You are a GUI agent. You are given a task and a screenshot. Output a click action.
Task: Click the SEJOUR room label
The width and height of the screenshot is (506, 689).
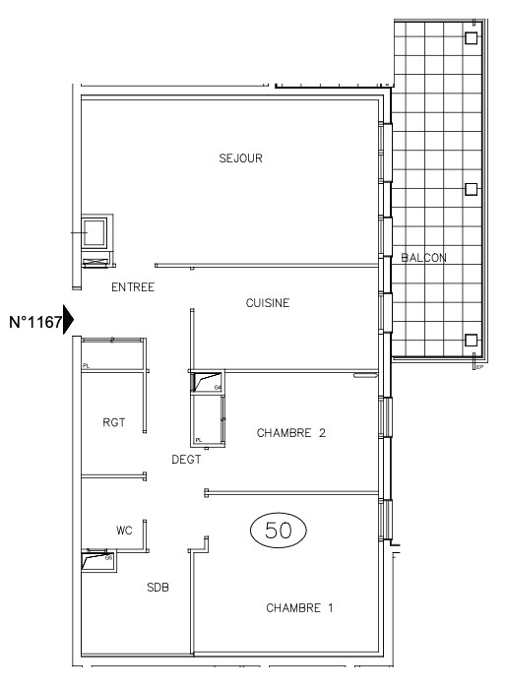pyautogui.click(x=241, y=157)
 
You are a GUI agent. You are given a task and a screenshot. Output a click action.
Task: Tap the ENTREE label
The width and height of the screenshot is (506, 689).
pyautogui.click(x=133, y=287)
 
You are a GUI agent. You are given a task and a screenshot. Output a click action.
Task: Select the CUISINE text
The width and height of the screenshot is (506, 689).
pyautogui.click(x=267, y=303)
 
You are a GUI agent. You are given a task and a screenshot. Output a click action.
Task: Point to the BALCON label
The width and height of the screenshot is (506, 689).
pyautogui.click(x=423, y=258)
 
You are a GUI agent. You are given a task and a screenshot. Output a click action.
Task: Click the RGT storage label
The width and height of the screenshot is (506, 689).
pyautogui.click(x=113, y=422)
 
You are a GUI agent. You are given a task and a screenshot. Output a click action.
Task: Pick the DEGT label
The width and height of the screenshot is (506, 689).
pyautogui.click(x=187, y=459)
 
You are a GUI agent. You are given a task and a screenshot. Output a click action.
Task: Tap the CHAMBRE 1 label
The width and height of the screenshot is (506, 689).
pyautogui.click(x=299, y=608)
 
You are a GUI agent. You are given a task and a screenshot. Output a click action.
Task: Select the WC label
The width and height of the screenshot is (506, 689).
pyautogui.click(x=124, y=531)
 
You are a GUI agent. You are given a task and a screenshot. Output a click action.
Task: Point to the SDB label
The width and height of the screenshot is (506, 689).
pyautogui.click(x=158, y=588)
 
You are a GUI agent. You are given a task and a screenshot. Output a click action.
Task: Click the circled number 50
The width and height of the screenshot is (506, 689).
pyautogui.click(x=279, y=530)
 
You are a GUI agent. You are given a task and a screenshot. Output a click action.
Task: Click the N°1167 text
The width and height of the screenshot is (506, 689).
pyautogui.click(x=35, y=322)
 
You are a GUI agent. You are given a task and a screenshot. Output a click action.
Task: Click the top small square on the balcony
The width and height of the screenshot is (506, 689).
pyautogui.click(x=471, y=38)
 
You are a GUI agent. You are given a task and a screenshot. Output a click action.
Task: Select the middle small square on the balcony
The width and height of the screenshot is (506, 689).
pyautogui.click(x=471, y=188)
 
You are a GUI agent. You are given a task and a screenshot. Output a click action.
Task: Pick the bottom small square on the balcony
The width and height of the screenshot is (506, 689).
pyautogui.click(x=471, y=341)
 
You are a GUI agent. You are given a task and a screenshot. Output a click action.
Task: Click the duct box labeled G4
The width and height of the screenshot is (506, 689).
pyautogui.click(x=207, y=383)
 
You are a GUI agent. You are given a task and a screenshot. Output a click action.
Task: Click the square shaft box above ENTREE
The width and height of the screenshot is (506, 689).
pyautogui.click(x=95, y=233)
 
